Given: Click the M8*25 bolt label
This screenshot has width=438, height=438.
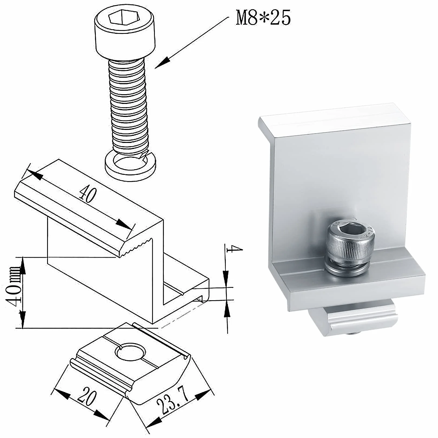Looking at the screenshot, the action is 263,18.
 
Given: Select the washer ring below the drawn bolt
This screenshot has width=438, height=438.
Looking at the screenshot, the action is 130,166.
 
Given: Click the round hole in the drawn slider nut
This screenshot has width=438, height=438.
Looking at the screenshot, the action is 130,352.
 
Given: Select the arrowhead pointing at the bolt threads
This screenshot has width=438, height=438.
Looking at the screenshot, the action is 163,63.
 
